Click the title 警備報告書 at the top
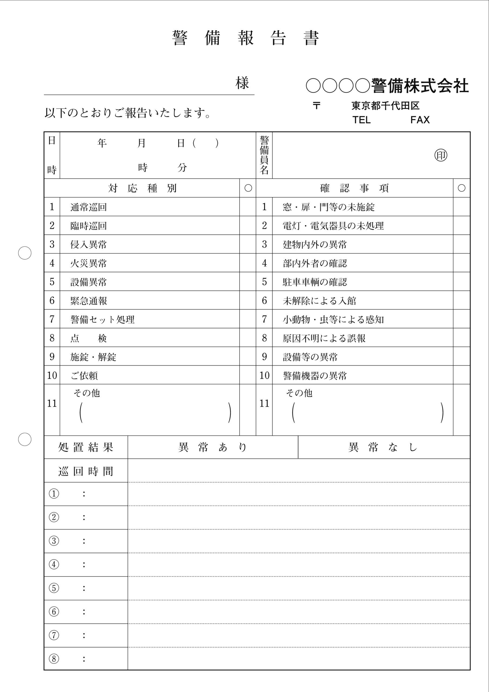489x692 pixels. [245, 38]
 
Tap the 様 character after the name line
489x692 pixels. [242, 83]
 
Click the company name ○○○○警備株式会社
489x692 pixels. [387, 86]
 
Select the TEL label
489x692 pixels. [361, 120]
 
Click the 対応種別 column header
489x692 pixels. [142, 188]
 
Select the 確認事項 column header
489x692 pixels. [354, 188]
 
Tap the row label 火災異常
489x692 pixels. [89, 263]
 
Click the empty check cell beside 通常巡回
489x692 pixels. [248, 207]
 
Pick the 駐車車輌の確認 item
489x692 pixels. [314, 282]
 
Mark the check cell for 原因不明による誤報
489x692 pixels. [461, 338]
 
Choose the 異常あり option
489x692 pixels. [213, 447]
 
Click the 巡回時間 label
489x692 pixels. [86, 471]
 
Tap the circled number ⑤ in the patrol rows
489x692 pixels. [54, 588]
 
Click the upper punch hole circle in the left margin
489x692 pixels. [25, 253]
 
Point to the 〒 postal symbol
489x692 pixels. [316, 106]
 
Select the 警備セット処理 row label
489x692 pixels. [102, 319]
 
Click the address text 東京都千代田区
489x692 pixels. [385, 106]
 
